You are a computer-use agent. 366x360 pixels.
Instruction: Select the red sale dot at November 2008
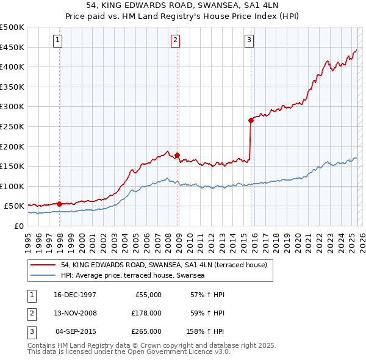click(x=178, y=155)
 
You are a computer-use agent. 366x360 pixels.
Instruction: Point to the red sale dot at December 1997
click(x=59, y=204)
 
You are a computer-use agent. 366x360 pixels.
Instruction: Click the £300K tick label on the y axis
click(x=12, y=106)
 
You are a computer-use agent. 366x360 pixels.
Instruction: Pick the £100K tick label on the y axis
click(x=12, y=186)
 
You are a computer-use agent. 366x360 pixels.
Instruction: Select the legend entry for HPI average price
click(x=132, y=276)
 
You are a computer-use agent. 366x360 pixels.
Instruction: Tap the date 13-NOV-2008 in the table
click(x=75, y=313)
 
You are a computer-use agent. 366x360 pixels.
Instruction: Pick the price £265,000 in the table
click(x=146, y=331)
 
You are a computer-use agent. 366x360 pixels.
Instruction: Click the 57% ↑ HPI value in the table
click(x=207, y=295)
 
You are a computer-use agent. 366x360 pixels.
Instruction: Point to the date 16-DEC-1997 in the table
click(x=75, y=295)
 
